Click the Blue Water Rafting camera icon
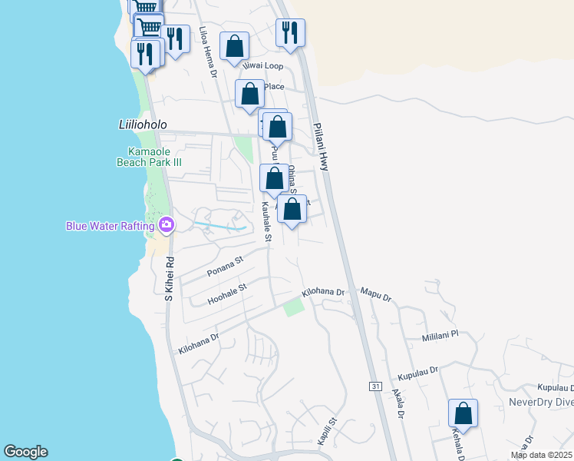click(167, 225)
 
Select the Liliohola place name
click(132, 124)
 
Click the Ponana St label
click(224, 266)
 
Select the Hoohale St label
click(226, 294)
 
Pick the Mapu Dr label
click(376, 295)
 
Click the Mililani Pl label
click(440, 335)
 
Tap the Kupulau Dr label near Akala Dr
click(417, 373)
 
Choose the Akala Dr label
click(398, 403)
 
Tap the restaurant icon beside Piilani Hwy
click(290, 33)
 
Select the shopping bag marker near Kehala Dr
click(463, 413)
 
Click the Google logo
click(25, 452)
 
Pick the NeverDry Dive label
click(541, 402)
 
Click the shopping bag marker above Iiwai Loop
click(234, 46)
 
